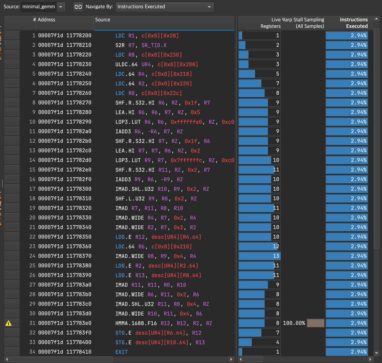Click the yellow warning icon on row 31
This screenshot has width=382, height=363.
tap(8, 323)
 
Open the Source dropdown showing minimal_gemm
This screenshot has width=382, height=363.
tap(42, 7)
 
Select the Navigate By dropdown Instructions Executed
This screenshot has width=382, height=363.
tap(164, 7)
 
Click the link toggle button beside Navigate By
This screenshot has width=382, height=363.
tap(78, 7)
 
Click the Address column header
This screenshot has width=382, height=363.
tap(46, 20)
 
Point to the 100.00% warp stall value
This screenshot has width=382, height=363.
tap(294, 323)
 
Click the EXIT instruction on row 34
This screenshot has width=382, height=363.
tap(121, 352)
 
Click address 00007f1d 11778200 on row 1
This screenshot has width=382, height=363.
tap(64, 36)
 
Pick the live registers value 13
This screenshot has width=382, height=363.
tap(276, 256)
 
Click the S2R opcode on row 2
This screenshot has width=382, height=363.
tap(120, 45)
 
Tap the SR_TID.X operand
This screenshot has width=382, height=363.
tap(154, 45)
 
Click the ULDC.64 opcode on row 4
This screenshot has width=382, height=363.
tap(127, 64)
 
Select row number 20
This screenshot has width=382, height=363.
tap(32, 218)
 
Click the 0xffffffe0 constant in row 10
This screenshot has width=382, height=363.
tap(186, 122)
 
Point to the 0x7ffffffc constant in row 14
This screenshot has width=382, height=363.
tap(186, 160)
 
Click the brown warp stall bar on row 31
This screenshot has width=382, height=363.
tap(315, 323)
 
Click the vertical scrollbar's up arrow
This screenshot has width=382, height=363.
tap(376, 19)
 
